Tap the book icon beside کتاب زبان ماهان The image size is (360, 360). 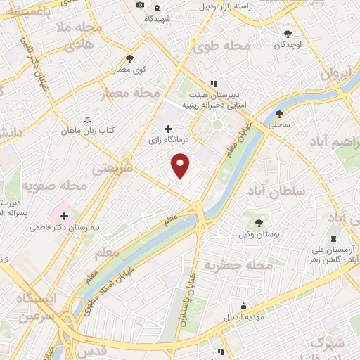pos(86,120)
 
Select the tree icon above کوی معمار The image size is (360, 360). pos(129,59)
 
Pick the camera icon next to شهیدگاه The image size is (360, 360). pos(140,5)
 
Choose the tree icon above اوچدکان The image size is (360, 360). pos(288,33)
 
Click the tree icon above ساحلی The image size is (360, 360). pos(280,113)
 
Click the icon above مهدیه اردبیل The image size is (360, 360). pos(243,306)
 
